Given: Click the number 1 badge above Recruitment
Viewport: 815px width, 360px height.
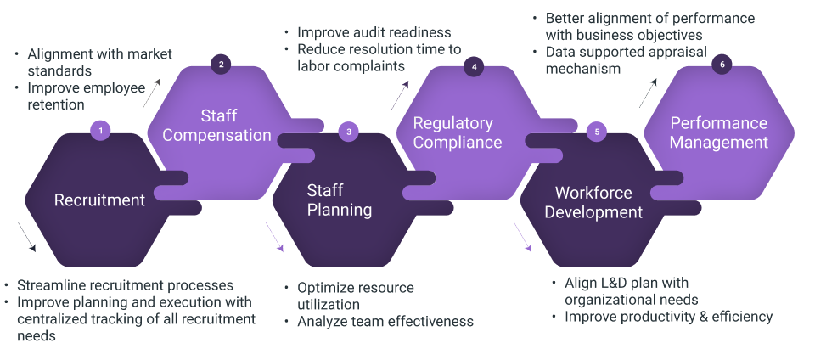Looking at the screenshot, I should point(100,131).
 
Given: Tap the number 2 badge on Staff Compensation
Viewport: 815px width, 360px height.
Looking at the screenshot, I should point(221,64).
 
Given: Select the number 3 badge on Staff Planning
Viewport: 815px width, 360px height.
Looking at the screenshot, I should point(348,132).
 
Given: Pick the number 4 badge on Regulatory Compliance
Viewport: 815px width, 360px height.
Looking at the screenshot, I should point(474,66).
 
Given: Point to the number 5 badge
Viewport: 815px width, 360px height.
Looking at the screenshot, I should point(597,132).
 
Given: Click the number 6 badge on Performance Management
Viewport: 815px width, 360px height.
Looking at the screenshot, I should point(722,64).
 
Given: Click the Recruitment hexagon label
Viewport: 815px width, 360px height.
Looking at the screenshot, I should point(100,200).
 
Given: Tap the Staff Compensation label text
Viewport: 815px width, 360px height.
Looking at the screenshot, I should point(216,125).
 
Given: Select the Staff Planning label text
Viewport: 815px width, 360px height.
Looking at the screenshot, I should point(340,200).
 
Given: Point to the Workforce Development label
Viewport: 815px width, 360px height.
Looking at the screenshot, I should point(593,202).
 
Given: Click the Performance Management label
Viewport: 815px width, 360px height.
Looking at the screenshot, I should point(718,132).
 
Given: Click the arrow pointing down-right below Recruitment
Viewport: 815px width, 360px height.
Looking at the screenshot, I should point(26,237).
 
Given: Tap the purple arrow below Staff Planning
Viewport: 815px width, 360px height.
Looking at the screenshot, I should point(273,237).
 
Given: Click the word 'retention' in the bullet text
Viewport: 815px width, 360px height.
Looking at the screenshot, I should point(55,104).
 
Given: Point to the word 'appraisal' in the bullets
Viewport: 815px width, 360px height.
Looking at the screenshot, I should point(655,53).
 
